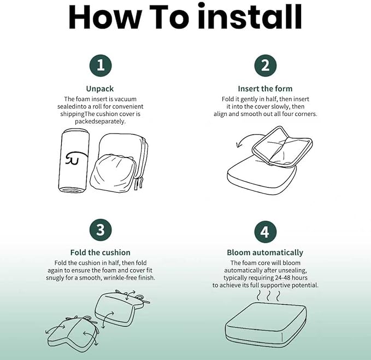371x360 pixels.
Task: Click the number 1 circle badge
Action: click(101, 66)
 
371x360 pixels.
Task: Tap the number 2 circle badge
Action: click(265, 66)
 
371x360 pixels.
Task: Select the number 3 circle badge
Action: click(101, 230)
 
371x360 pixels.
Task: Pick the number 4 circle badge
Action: click(265, 232)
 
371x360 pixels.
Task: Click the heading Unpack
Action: click(100, 89)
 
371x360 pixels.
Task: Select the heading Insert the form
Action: click(265, 89)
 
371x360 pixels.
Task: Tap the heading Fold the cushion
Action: click(101, 252)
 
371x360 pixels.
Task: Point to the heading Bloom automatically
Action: click(265, 253)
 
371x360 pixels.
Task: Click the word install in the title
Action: click(250, 16)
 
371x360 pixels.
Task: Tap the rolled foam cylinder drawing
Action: click(74, 160)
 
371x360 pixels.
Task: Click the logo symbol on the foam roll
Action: click(76, 158)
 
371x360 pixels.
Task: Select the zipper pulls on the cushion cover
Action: click(139, 183)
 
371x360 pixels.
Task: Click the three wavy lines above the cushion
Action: click(268, 296)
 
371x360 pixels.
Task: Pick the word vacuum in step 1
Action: click(126, 99)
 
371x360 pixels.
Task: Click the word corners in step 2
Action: click(305, 114)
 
